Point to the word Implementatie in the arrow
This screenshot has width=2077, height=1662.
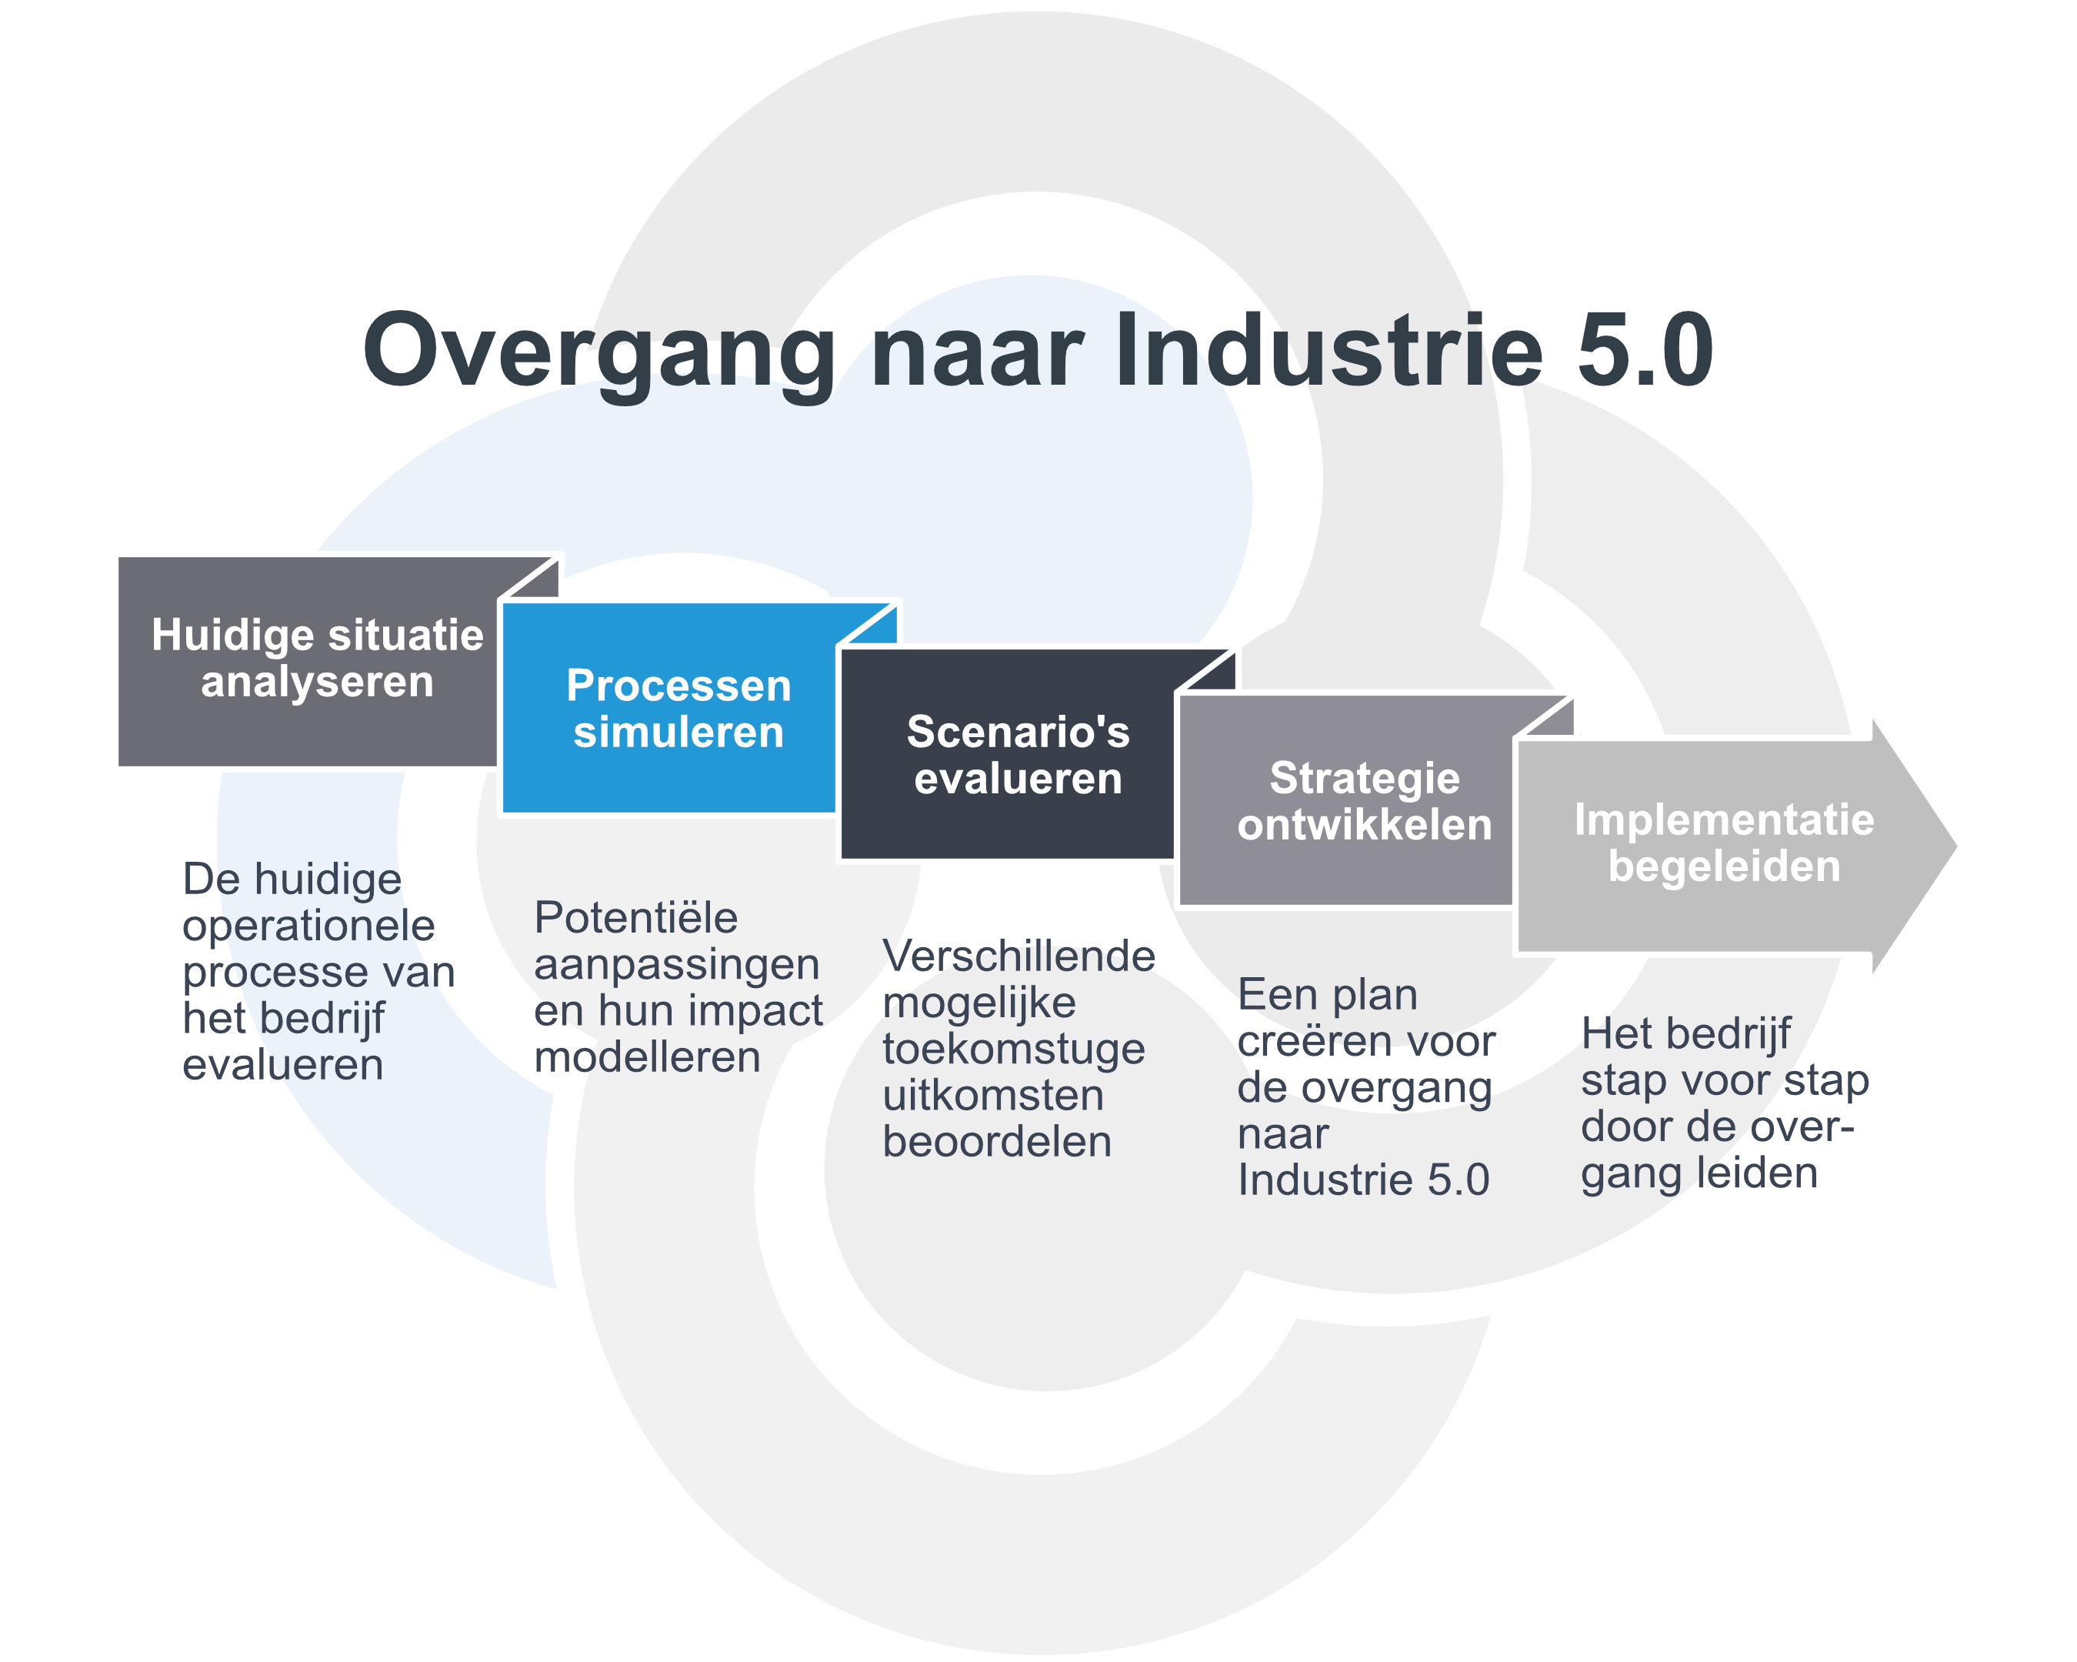[1725, 820]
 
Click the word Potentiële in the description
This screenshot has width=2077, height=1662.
[636, 918]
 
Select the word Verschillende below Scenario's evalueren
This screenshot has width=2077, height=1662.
[1019, 956]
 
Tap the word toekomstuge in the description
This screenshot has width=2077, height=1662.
[1013, 1050]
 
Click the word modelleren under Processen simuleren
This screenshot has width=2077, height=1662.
[648, 1058]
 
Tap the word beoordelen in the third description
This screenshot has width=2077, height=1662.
[997, 1143]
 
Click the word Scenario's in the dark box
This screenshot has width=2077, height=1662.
[1018, 733]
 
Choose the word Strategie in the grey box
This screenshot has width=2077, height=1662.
[1365, 779]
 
